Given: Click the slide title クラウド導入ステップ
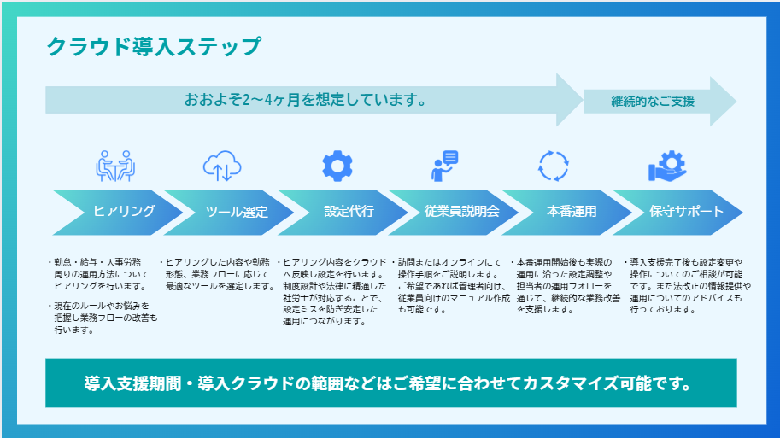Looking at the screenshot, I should pyautogui.click(x=154, y=46).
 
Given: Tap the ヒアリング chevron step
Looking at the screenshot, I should pyautogui.click(x=124, y=212).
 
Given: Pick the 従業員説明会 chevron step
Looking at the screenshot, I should pyautogui.click(x=461, y=212).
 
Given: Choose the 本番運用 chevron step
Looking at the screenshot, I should pyautogui.click(x=572, y=212).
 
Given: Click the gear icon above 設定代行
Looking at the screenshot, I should pyautogui.click(x=336, y=165).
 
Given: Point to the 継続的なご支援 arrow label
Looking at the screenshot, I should pyautogui.click(x=653, y=101).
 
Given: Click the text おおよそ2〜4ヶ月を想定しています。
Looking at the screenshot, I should pyautogui.click(x=306, y=100).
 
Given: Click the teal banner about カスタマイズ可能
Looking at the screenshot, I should pyautogui.click(x=390, y=382).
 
